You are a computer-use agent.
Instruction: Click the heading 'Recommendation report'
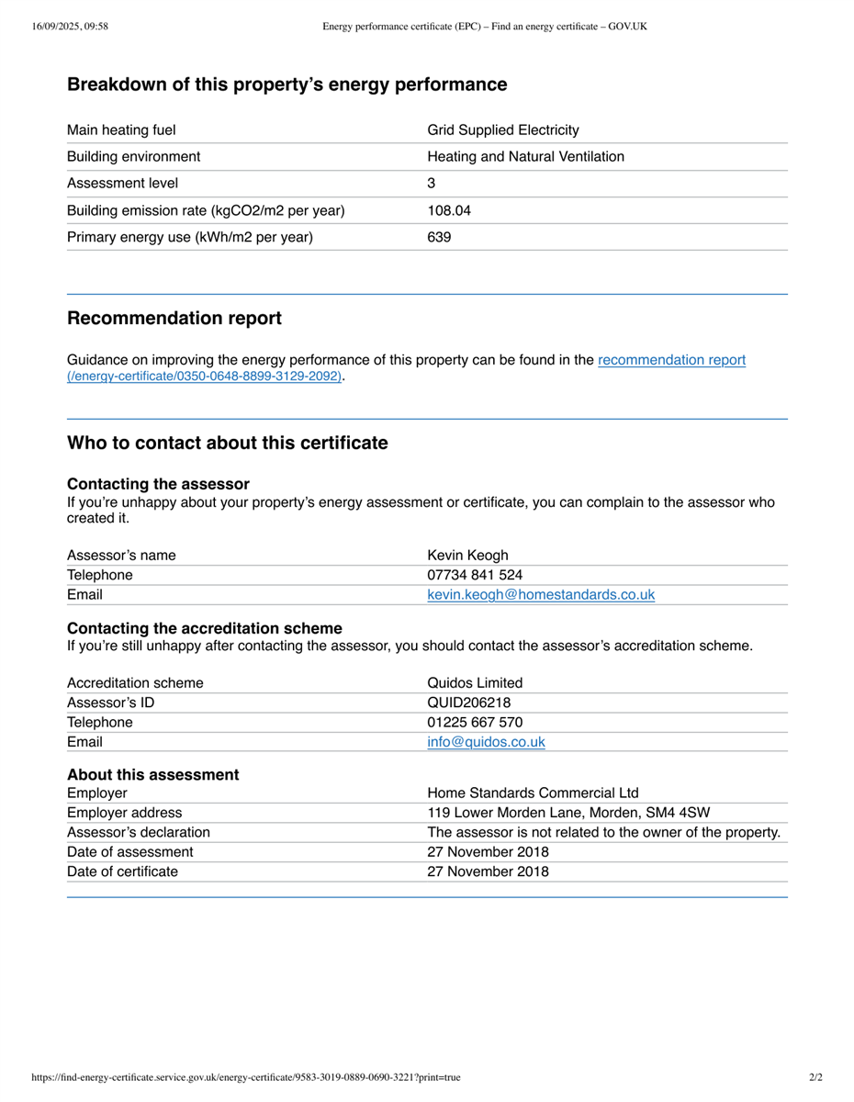[x=174, y=319]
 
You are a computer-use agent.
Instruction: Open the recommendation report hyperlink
[x=671, y=360]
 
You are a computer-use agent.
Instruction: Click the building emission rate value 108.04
[x=449, y=210]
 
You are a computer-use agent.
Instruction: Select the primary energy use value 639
[x=439, y=237]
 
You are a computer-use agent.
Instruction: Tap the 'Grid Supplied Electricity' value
[x=503, y=130]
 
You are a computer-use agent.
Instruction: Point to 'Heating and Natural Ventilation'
[x=525, y=157]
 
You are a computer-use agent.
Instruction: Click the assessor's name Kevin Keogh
[x=467, y=555]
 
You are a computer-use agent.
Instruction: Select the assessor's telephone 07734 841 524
[x=475, y=575]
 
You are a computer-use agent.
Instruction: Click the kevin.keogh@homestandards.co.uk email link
[x=541, y=595]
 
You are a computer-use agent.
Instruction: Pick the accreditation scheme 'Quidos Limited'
[x=475, y=683]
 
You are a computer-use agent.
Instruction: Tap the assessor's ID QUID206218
[x=468, y=703]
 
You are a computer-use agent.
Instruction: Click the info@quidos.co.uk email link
[x=486, y=742]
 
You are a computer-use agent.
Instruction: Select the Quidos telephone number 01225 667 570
[x=475, y=722]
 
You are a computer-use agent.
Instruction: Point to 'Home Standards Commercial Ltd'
[x=533, y=793]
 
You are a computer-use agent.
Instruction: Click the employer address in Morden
[x=568, y=813]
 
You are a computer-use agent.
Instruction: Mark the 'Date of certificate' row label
[x=123, y=871]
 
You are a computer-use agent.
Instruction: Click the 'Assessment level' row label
[x=123, y=184]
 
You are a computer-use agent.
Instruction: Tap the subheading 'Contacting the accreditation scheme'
[x=205, y=628]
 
